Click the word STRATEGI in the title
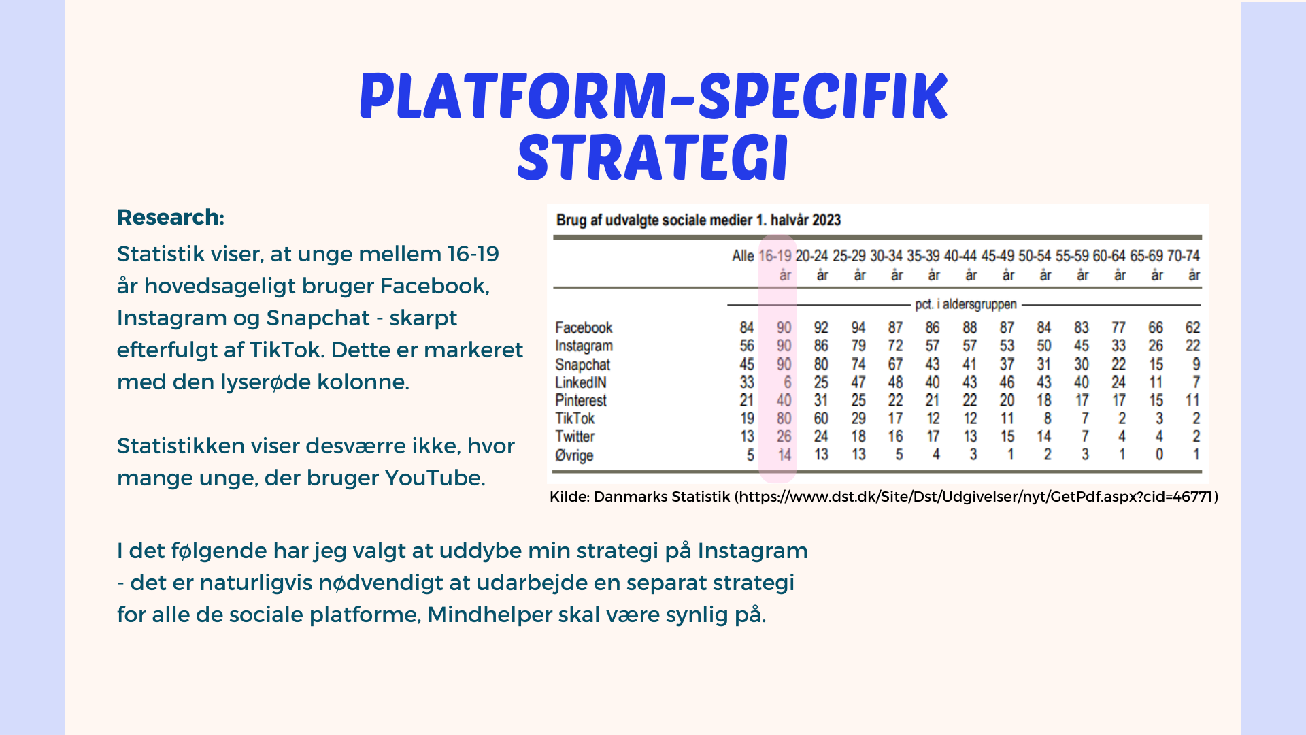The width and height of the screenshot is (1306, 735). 653,158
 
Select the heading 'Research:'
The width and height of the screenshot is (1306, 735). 171,217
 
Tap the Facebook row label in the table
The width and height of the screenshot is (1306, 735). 584,328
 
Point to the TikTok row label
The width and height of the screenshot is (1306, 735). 575,419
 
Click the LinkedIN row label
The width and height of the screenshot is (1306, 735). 580,382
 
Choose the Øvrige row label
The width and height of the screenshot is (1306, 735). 574,455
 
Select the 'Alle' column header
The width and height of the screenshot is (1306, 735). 743,256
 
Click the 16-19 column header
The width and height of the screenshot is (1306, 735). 775,256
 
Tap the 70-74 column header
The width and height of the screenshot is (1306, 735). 1184,256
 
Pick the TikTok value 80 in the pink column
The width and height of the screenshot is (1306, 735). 784,419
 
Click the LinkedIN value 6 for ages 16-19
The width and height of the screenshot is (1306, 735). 788,382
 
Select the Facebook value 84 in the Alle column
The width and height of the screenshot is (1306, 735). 747,328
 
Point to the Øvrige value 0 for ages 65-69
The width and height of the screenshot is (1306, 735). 1159,455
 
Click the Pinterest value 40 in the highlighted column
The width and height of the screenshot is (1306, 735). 784,400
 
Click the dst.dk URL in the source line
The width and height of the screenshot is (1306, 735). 975,497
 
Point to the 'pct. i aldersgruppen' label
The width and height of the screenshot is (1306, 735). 966,304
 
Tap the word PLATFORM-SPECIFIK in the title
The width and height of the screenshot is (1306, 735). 653,96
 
